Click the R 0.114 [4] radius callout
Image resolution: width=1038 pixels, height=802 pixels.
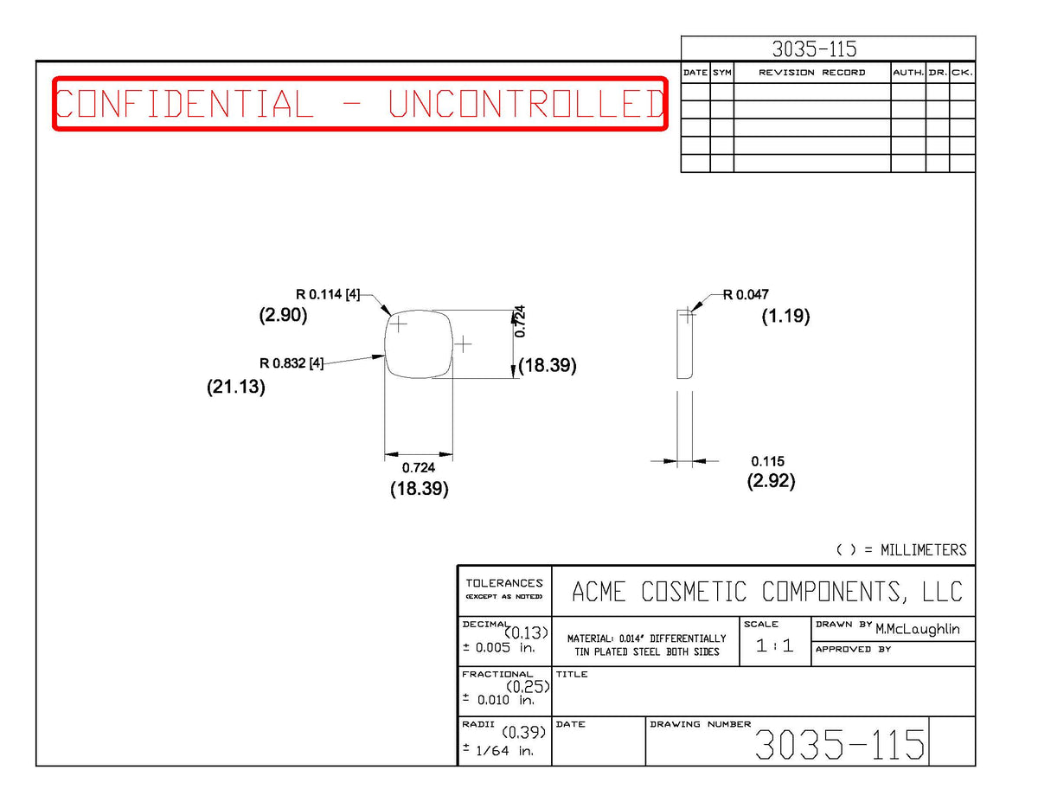pyautogui.click(x=328, y=294)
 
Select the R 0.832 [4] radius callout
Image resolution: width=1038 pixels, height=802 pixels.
pyautogui.click(x=292, y=363)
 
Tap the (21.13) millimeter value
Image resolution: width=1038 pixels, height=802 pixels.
pyautogui.click(x=236, y=387)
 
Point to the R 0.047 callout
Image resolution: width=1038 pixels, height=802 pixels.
pyautogui.click(x=746, y=295)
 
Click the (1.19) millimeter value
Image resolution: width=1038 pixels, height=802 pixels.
pyautogui.click(x=785, y=316)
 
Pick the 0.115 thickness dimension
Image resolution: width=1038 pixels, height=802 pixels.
pyautogui.click(x=767, y=461)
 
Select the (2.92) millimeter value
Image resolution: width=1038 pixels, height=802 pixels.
pyautogui.click(x=771, y=480)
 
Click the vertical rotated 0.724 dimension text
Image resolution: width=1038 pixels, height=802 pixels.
pyautogui.click(x=520, y=322)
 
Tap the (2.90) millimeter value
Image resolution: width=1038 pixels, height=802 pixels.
pyautogui.click(x=283, y=315)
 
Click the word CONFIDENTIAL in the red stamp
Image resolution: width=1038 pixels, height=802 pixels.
pyautogui.click(x=184, y=104)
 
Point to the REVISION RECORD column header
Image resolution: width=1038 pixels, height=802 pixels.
pyautogui.click(x=812, y=73)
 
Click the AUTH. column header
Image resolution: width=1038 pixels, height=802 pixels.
pyautogui.click(x=908, y=73)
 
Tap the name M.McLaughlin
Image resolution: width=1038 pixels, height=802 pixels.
pyautogui.click(x=918, y=629)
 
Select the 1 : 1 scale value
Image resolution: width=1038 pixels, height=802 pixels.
pyautogui.click(x=775, y=645)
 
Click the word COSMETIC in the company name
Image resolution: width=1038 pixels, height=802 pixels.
pyautogui.click(x=694, y=592)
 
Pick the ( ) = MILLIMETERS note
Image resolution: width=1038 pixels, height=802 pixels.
pyautogui.click(x=901, y=550)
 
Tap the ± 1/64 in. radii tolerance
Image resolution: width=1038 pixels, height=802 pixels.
pyautogui.click(x=498, y=750)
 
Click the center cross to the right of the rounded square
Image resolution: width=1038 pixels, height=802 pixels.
pyautogui.click(x=463, y=344)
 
